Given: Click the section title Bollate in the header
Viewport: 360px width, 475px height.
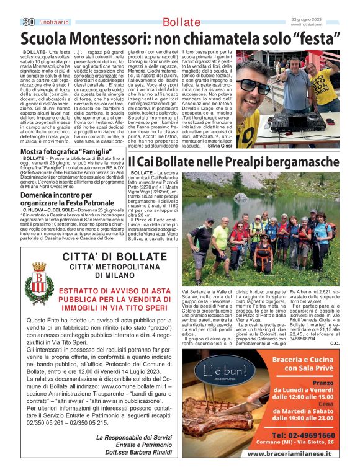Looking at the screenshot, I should (181, 22).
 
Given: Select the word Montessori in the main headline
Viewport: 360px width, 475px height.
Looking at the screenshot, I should (106, 38).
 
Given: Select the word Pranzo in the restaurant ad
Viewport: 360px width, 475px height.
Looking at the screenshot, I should (322, 383).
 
